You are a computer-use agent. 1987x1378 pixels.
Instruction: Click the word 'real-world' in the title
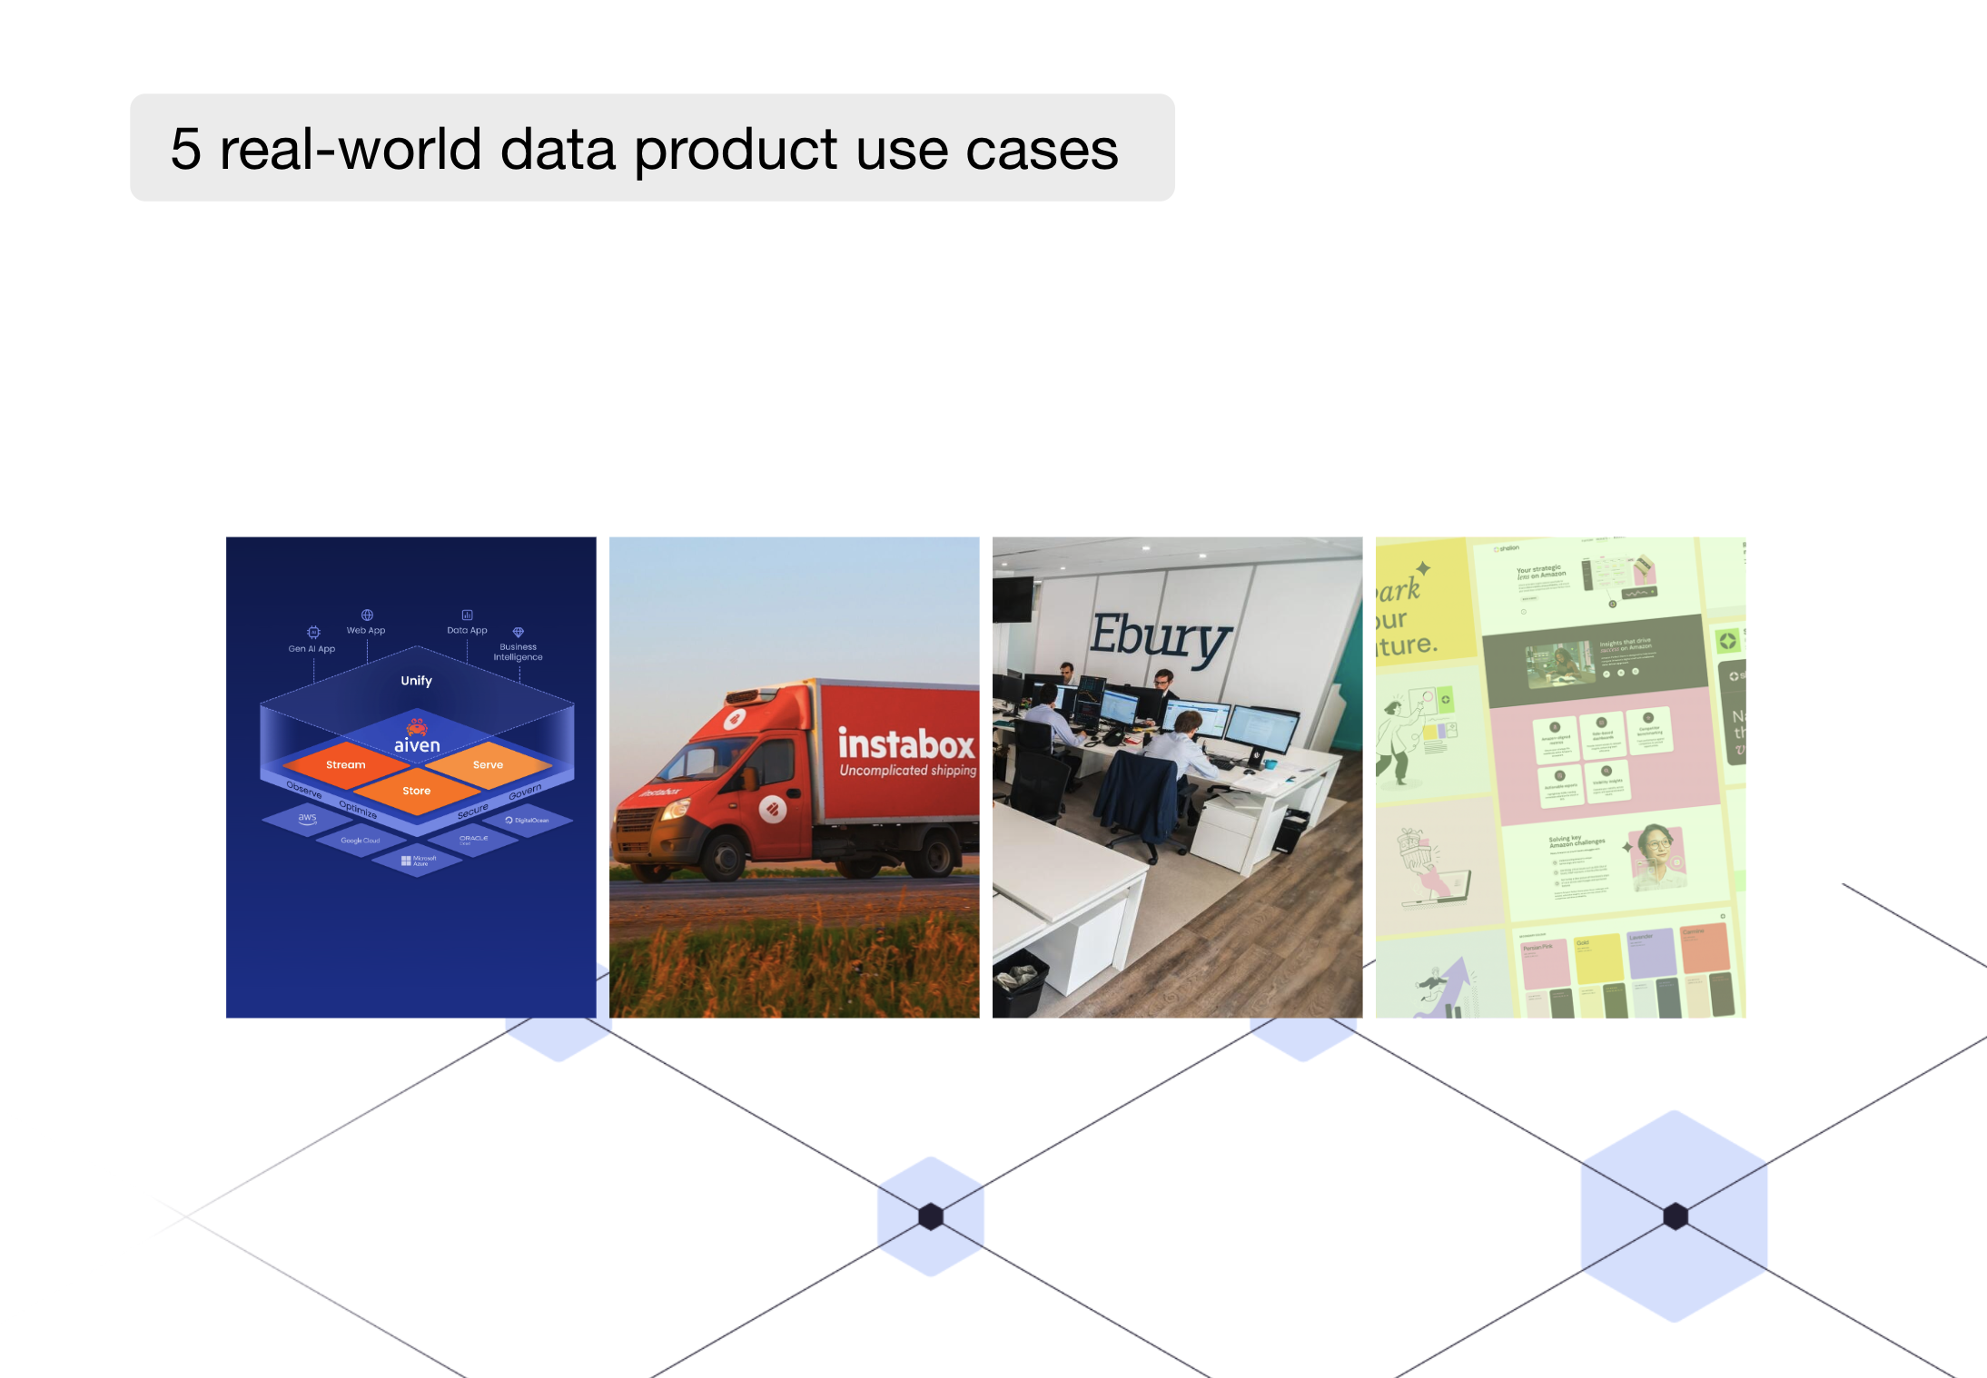350,149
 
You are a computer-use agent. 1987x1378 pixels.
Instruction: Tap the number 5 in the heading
185,149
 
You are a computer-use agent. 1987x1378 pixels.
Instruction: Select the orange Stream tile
345,764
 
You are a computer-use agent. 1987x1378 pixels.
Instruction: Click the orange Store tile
417,791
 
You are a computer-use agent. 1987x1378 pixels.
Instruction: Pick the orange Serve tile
488,764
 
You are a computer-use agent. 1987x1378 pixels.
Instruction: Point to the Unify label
417,681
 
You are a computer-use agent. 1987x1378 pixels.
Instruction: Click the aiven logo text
417,745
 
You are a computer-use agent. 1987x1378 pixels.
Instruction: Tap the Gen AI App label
311,648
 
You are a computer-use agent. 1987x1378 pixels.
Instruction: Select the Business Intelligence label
518,652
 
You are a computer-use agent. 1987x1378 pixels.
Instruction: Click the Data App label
467,630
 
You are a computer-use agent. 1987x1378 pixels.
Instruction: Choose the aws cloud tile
308,818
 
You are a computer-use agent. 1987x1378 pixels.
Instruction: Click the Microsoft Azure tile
419,860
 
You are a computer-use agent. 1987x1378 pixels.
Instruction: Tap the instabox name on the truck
905,745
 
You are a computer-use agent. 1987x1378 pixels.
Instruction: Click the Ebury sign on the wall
1161,637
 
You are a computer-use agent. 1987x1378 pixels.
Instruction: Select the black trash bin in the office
1021,982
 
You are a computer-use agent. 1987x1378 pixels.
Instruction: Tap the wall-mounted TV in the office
1013,599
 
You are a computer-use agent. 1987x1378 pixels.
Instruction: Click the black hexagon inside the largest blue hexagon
1676,1216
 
